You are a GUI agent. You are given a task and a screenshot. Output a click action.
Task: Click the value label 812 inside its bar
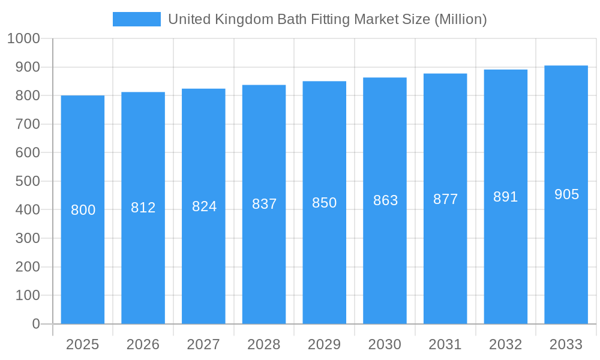[x=143, y=208]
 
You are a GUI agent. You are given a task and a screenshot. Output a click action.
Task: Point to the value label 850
[x=325, y=203]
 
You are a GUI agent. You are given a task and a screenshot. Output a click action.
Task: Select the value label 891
[x=506, y=197]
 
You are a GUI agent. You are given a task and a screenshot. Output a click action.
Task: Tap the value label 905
[x=566, y=194]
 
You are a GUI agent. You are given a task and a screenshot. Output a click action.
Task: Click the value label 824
[x=204, y=206]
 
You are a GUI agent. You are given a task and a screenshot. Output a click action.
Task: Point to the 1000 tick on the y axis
[x=24, y=39]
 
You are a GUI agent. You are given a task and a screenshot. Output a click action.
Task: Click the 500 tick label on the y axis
[x=28, y=181]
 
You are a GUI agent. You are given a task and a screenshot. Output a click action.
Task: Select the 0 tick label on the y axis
[x=35, y=324]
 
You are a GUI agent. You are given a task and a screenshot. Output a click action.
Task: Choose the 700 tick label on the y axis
[x=28, y=124]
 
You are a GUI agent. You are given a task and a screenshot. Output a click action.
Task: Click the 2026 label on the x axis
[x=143, y=344]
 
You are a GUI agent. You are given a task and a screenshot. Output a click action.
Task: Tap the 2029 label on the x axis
[x=325, y=344]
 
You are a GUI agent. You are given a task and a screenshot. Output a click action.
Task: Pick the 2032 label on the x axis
[x=506, y=344]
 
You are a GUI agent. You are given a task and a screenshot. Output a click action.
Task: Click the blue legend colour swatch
[x=137, y=19]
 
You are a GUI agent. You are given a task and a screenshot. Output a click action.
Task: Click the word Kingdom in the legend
[x=240, y=19]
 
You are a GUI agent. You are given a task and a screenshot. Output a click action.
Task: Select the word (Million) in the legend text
[x=460, y=19]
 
